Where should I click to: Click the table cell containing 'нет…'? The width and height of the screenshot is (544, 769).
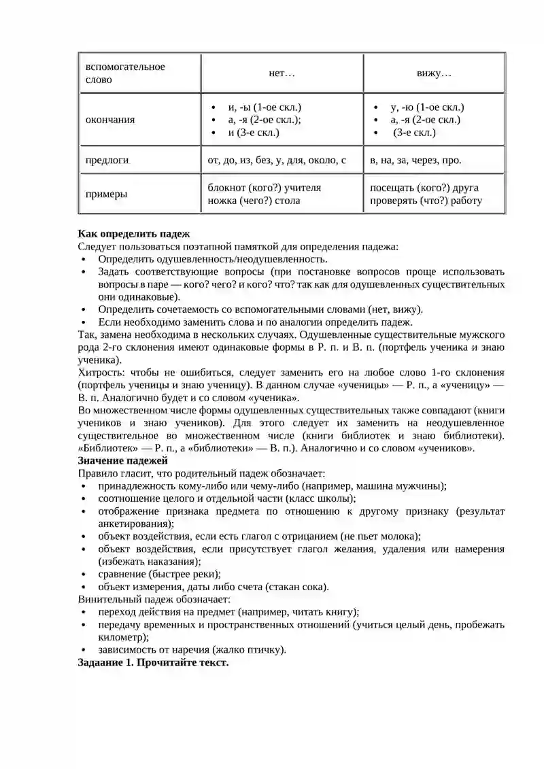[x=282, y=73]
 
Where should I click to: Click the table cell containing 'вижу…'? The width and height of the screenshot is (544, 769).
[x=434, y=73]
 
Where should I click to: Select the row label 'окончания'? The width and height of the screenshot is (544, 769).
[x=109, y=120]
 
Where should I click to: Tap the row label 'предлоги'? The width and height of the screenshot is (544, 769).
[x=107, y=160]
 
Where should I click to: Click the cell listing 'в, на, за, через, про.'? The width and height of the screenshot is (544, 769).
[x=415, y=160]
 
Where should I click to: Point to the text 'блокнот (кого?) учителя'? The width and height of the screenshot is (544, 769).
[x=264, y=188]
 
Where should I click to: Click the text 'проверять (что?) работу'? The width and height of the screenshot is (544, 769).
[x=426, y=201]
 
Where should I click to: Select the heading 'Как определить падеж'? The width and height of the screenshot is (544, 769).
[x=134, y=234]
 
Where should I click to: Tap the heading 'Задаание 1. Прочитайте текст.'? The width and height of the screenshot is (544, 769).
[x=154, y=662]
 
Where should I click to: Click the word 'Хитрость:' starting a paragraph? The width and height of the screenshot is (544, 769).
[x=101, y=373]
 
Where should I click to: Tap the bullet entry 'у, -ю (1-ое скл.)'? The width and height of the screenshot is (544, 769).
[x=427, y=107]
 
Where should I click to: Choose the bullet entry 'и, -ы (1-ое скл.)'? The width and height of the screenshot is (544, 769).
[x=265, y=107]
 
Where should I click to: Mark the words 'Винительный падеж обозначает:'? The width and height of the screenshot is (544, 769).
[x=154, y=600]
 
